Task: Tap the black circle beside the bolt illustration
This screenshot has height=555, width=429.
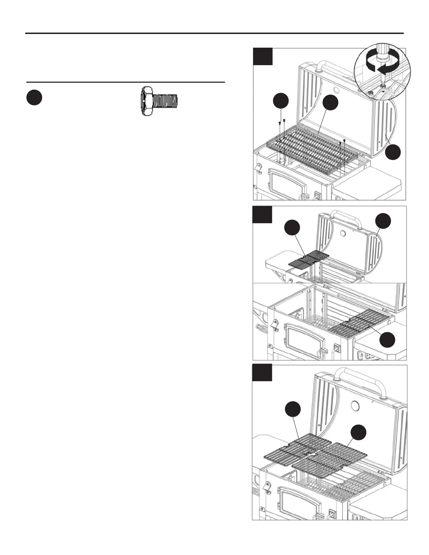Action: [x=34, y=98]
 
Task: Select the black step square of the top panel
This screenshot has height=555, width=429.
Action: [x=263, y=56]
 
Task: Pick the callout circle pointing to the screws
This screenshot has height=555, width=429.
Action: [x=281, y=100]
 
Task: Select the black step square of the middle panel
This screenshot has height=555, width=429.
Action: [x=262, y=214]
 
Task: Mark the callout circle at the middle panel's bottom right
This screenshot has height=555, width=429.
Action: [x=388, y=340]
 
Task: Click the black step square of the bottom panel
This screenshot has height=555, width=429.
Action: [x=262, y=372]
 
